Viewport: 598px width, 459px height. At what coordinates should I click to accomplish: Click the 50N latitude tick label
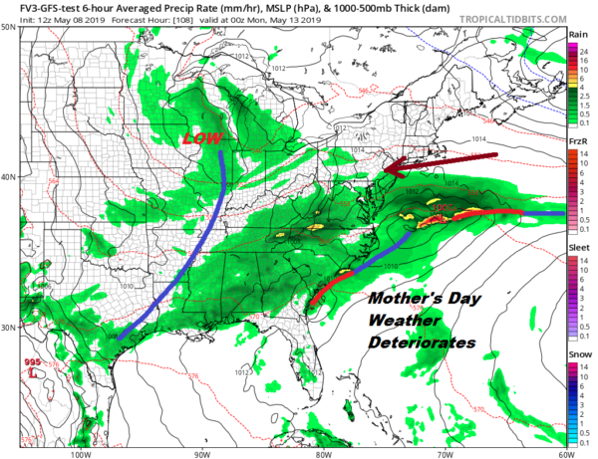[x=8, y=27]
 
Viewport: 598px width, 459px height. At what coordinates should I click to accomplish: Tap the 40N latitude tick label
[x=8, y=177]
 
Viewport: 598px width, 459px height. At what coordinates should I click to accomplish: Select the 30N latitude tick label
[x=8, y=328]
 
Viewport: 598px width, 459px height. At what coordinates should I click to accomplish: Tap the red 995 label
[x=33, y=363]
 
